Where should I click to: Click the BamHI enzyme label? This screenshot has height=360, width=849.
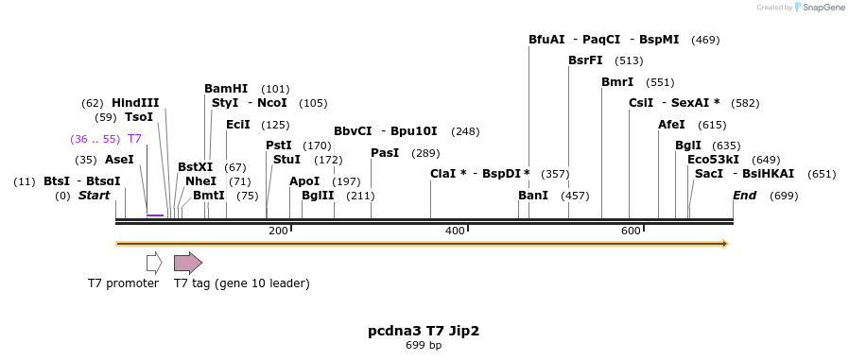226,89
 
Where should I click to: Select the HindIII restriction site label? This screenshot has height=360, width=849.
135,103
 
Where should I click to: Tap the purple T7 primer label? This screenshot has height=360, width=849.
134,139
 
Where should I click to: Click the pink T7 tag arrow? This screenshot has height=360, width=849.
187,263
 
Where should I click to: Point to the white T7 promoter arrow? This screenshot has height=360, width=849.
154,263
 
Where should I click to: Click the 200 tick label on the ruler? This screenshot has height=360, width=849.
278,231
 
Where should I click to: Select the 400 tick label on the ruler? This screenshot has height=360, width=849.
455,231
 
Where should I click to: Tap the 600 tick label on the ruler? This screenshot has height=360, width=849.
631,231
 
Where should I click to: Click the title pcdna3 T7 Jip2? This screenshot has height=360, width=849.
424,331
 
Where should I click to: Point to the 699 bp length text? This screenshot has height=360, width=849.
424,346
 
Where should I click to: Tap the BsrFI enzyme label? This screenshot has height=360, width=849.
585,60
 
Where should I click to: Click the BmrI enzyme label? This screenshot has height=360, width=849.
617,82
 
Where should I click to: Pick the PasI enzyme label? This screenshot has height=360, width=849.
385,153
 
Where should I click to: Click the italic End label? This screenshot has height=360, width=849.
744,196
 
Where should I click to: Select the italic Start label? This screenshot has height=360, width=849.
94,196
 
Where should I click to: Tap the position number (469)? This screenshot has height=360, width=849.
705,40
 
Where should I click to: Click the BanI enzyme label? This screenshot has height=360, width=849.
533,196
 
